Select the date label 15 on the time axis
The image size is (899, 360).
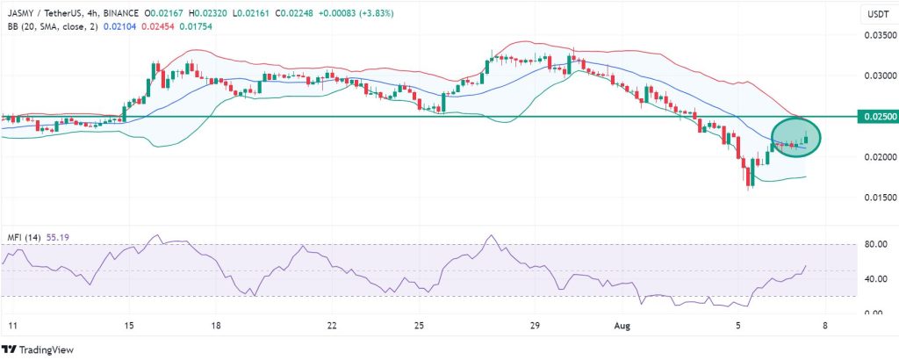tap(129, 325)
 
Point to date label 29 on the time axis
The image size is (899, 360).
tap(534, 325)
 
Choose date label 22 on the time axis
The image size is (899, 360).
tap(332, 325)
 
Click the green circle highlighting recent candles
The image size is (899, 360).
tap(797, 139)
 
